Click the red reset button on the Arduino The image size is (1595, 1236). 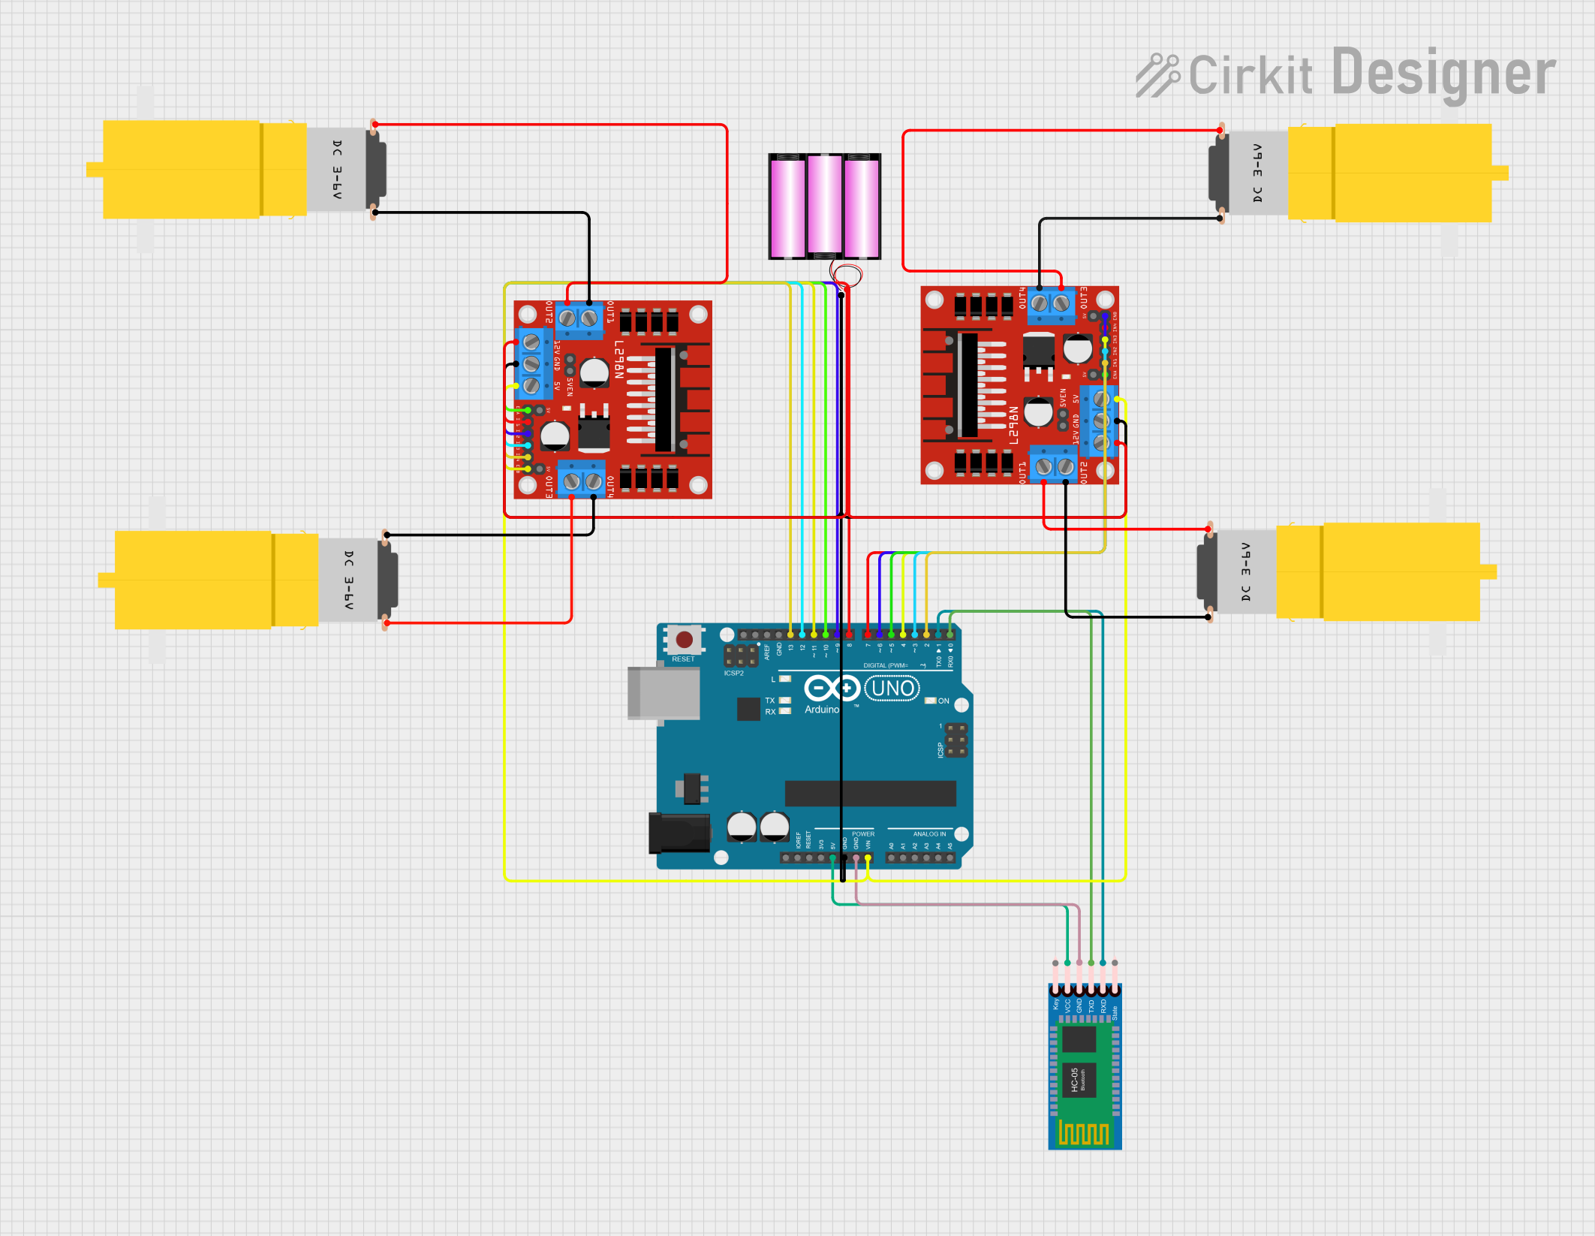click(x=684, y=640)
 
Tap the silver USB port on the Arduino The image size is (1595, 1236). click(x=664, y=693)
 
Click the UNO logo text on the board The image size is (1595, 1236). click(x=892, y=688)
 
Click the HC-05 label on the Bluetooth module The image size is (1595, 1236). click(x=1075, y=1079)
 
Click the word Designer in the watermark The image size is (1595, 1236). click(x=1443, y=74)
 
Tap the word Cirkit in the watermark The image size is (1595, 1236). click(x=1250, y=76)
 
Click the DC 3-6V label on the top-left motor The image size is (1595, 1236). click(x=337, y=169)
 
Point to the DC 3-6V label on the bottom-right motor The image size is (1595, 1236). click(x=1246, y=572)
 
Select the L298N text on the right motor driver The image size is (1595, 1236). click(x=1013, y=425)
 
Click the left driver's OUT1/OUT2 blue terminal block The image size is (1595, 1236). click(x=579, y=318)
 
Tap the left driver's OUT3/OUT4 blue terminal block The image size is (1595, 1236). click(x=582, y=480)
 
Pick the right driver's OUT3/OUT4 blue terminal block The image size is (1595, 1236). click(x=1050, y=303)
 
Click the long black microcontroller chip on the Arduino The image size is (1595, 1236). click(x=870, y=793)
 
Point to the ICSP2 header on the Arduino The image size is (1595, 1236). click(x=740, y=656)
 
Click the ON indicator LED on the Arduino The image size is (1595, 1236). click(x=931, y=701)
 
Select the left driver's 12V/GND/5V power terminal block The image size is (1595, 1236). click(x=531, y=364)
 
